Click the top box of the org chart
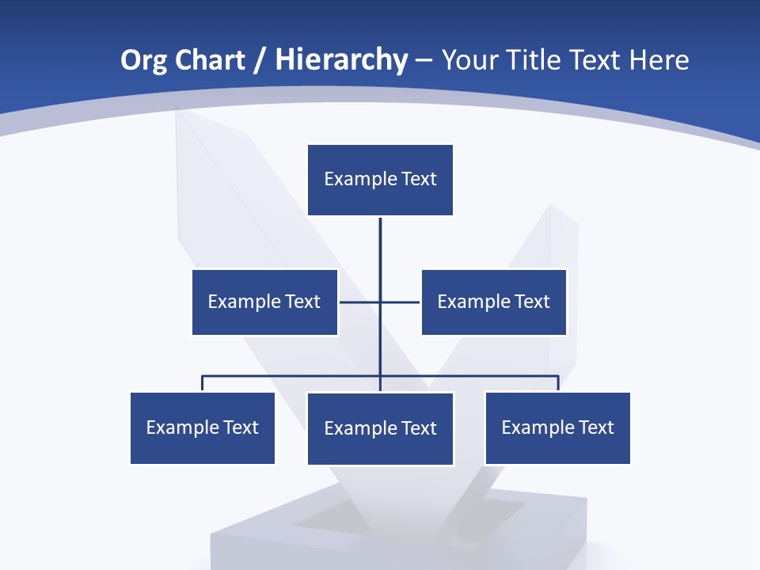pos(380,180)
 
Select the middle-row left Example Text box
pos(264,302)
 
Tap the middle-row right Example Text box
pos(494,302)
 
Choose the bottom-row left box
pos(203,427)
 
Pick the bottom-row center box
pos(380,428)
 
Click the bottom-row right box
pos(557,427)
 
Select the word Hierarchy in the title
pos(341,60)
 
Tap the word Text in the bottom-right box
pos(596,427)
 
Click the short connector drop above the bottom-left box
pos(203,383)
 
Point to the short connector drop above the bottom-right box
pos(558,383)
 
